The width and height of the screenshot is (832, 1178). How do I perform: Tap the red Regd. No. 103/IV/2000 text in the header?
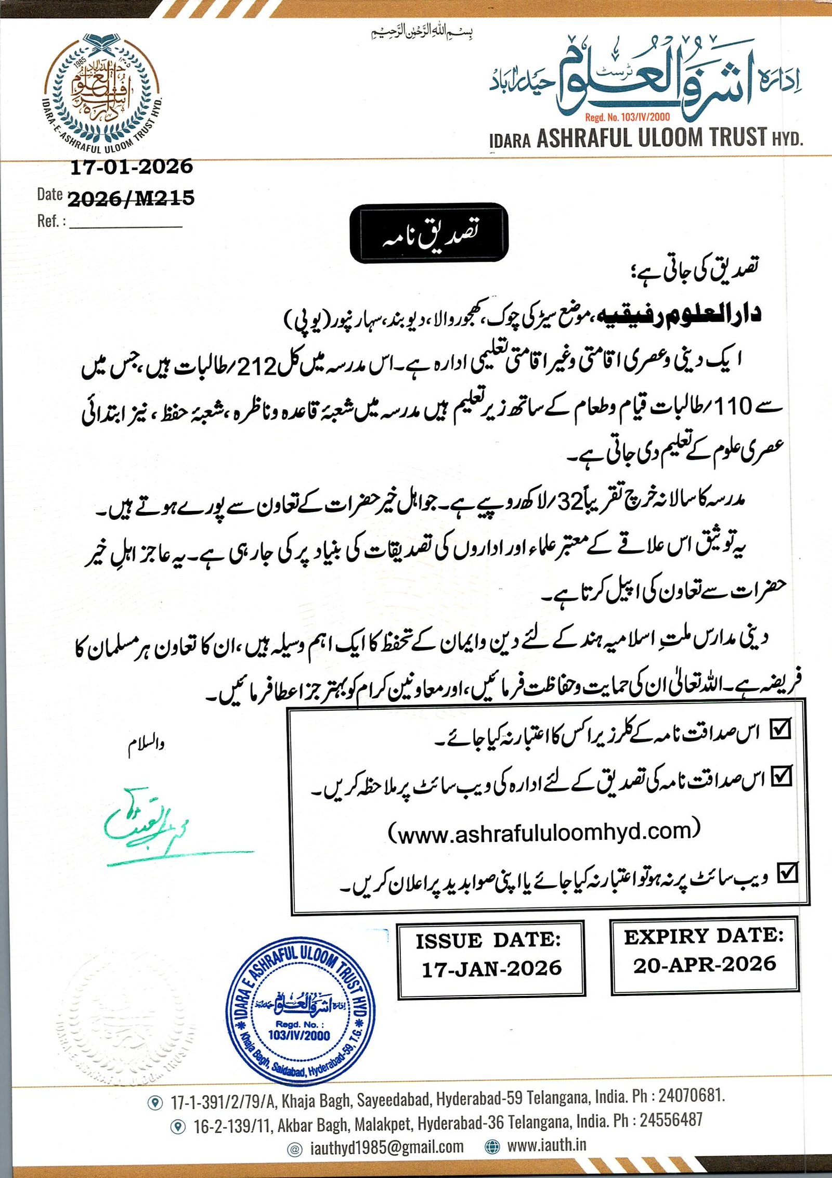pos(627,118)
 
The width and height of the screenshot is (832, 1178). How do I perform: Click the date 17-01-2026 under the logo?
pos(131,167)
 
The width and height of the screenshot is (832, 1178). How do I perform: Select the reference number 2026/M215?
pos(131,198)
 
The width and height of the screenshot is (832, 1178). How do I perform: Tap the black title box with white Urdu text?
pos(429,233)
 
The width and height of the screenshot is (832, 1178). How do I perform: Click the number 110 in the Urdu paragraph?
pos(733,406)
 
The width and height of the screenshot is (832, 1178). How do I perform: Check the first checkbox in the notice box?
pos(781,729)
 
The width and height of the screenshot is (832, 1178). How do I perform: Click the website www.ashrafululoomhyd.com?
pos(544,833)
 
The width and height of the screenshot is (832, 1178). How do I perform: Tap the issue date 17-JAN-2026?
pos(491,969)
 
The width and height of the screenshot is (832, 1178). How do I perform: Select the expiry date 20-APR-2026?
pos(705,964)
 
